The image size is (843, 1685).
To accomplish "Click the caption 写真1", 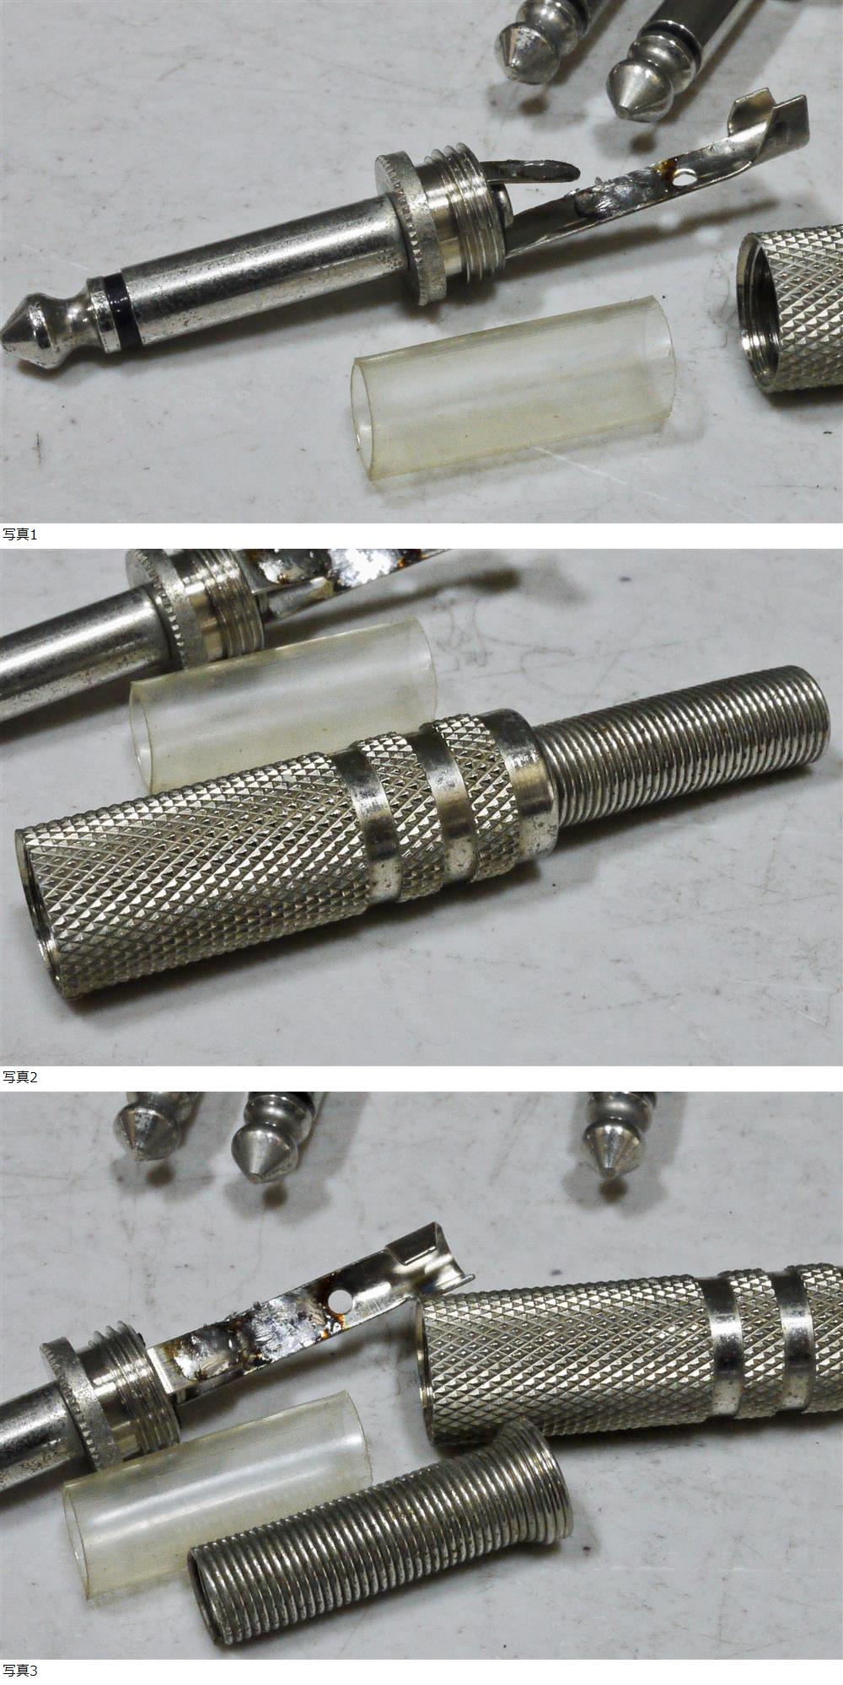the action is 20,534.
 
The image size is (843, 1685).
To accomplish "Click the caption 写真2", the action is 20,1076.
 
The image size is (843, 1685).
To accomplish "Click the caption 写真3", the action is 20,1670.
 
